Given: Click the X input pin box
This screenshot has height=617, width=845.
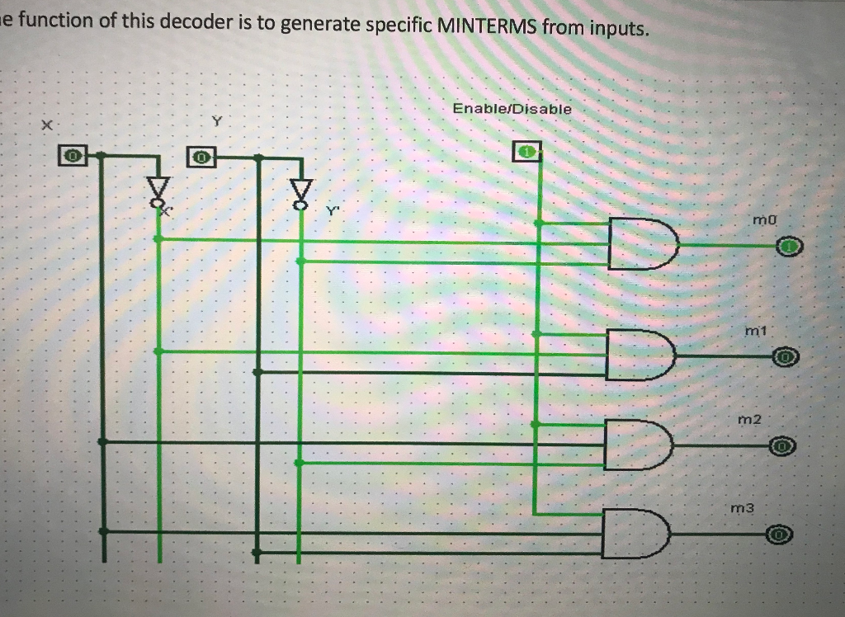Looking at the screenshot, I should (73, 154).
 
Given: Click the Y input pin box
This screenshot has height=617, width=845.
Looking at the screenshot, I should (201, 155).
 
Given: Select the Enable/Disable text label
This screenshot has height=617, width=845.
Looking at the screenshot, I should (512, 109).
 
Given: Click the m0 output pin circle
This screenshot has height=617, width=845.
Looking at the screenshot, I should (790, 246).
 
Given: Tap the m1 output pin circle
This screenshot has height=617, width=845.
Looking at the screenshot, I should (786, 357).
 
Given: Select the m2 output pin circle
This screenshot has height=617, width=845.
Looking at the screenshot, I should (783, 447).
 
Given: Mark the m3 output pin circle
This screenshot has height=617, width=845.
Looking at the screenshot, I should (780, 536).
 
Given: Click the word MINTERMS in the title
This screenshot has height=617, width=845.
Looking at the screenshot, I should (489, 29).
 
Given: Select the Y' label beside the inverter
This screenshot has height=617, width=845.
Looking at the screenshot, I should (332, 211).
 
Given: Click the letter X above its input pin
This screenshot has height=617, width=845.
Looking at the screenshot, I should (48, 125).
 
